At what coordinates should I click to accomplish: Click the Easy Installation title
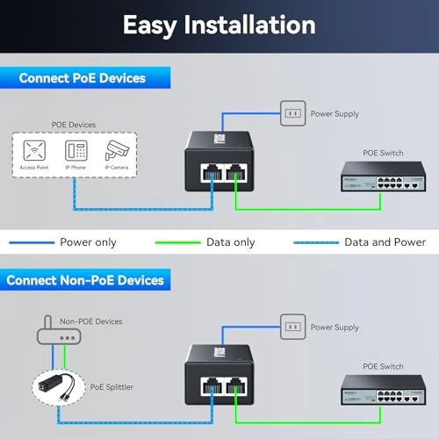click(219, 25)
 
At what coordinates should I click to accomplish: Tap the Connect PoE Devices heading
click(82, 78)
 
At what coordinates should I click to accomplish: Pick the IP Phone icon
click(76, 149)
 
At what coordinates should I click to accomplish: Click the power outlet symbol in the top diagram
click(292, 112)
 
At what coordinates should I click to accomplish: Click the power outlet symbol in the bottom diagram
click(292, 327)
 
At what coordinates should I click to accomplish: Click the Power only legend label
click(88, 241)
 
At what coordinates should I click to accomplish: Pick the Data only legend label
click(230, 241)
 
